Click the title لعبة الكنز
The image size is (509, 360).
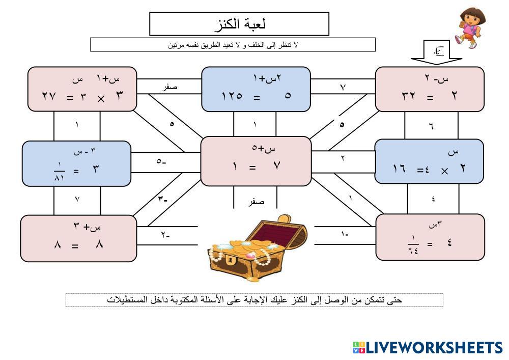(239, 23)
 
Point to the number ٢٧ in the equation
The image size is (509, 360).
(49, 95)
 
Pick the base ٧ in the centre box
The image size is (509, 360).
(277, 165)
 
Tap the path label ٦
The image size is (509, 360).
(431, 126)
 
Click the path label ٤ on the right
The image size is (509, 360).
(433, 199)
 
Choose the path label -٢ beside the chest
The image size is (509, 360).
(165, 235)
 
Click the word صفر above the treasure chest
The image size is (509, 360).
(256, 202)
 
